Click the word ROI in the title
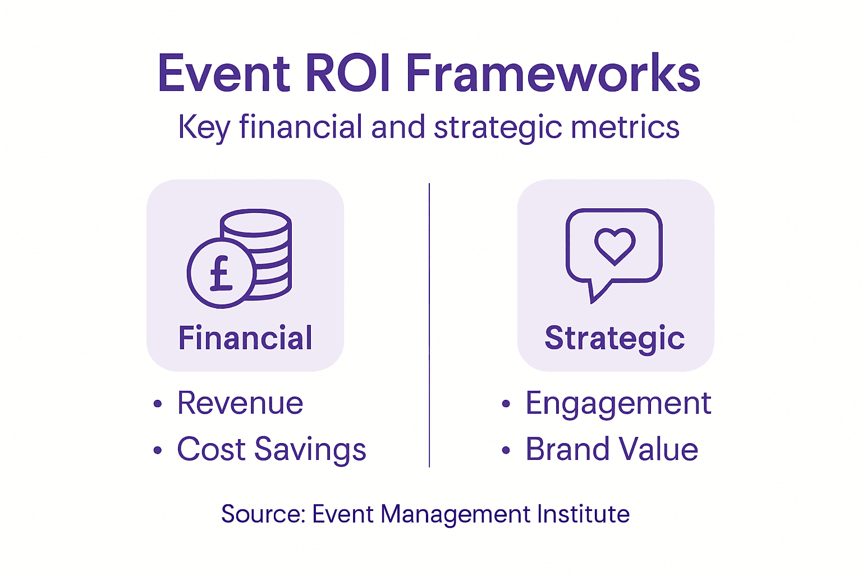point(348,74)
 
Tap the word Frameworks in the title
point(553,74)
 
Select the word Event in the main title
point(224,74)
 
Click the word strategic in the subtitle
point(498,127)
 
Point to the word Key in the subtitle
point(204,128)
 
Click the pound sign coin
point(221,273)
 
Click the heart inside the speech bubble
point(615,245)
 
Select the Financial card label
point(245,338)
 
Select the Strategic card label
point(615,338)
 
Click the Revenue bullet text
point(240,403)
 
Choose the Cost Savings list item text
point(272,449)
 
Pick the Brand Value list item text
point(612,449)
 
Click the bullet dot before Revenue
point(158,404)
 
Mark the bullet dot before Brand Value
point(506,450)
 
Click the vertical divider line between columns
point(429,326)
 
